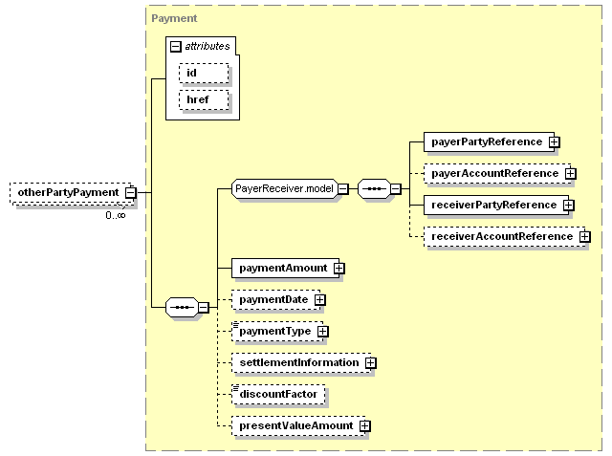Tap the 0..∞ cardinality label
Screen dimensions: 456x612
pos(115,215)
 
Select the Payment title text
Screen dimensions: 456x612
pos(174,18)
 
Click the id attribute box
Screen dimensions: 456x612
pos(204,73)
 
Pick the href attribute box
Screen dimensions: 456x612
pos(204,98)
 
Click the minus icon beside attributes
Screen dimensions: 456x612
pos(176,46)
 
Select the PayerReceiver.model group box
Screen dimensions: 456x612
pos(284,188)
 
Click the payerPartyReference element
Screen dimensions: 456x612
pos(485,141)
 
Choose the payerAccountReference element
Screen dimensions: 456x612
pos(493,173)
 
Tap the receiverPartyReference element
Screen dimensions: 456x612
pos(492,205)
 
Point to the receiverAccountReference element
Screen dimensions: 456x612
pos(500,236)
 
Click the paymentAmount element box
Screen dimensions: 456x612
pos(282,268)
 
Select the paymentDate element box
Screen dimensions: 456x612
pos(273,300)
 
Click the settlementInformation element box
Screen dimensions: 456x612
pos(297,362)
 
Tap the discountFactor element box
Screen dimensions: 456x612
pos(278,394)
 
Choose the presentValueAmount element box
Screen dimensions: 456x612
pos(295,425)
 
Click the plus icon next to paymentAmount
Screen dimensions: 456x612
pos(339,269)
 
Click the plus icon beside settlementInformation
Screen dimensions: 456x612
pos(370,363)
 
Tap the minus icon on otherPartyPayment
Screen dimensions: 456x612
pos(130,193)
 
